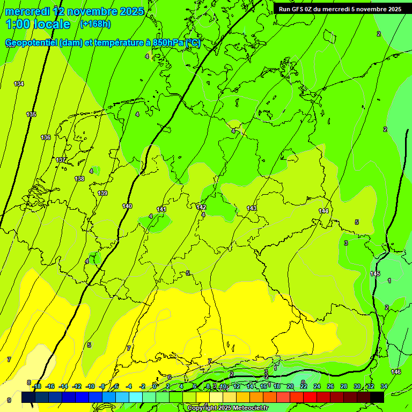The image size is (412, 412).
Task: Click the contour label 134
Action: click(19, 84)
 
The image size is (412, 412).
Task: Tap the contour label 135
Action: click(31, 114)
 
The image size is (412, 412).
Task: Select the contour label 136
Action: click(46, 138)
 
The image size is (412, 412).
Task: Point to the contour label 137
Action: click(61, 160)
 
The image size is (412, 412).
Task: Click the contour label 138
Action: click(79, 179)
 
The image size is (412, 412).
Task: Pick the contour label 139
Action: click(102, 193)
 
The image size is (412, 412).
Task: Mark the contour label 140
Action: click(127, 206)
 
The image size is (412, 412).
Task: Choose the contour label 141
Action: click(161, 209)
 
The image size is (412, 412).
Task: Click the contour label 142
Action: click(201, 207)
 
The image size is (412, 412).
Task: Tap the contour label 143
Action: click(252, 208)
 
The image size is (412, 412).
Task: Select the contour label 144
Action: click(323, 211)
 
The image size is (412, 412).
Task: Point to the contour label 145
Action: click(375, 274)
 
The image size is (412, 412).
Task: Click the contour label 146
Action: click(396, 372)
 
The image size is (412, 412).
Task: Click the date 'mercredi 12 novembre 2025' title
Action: click(75, 11)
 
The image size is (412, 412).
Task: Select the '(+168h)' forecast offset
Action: click(95, 24)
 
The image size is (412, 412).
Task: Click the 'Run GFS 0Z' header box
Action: click(340, 9)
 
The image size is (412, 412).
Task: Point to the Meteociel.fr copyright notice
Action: click(227, 408)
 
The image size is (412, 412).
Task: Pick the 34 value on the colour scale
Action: click(384, 386)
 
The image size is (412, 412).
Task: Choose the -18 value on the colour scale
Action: click(36, 386)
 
